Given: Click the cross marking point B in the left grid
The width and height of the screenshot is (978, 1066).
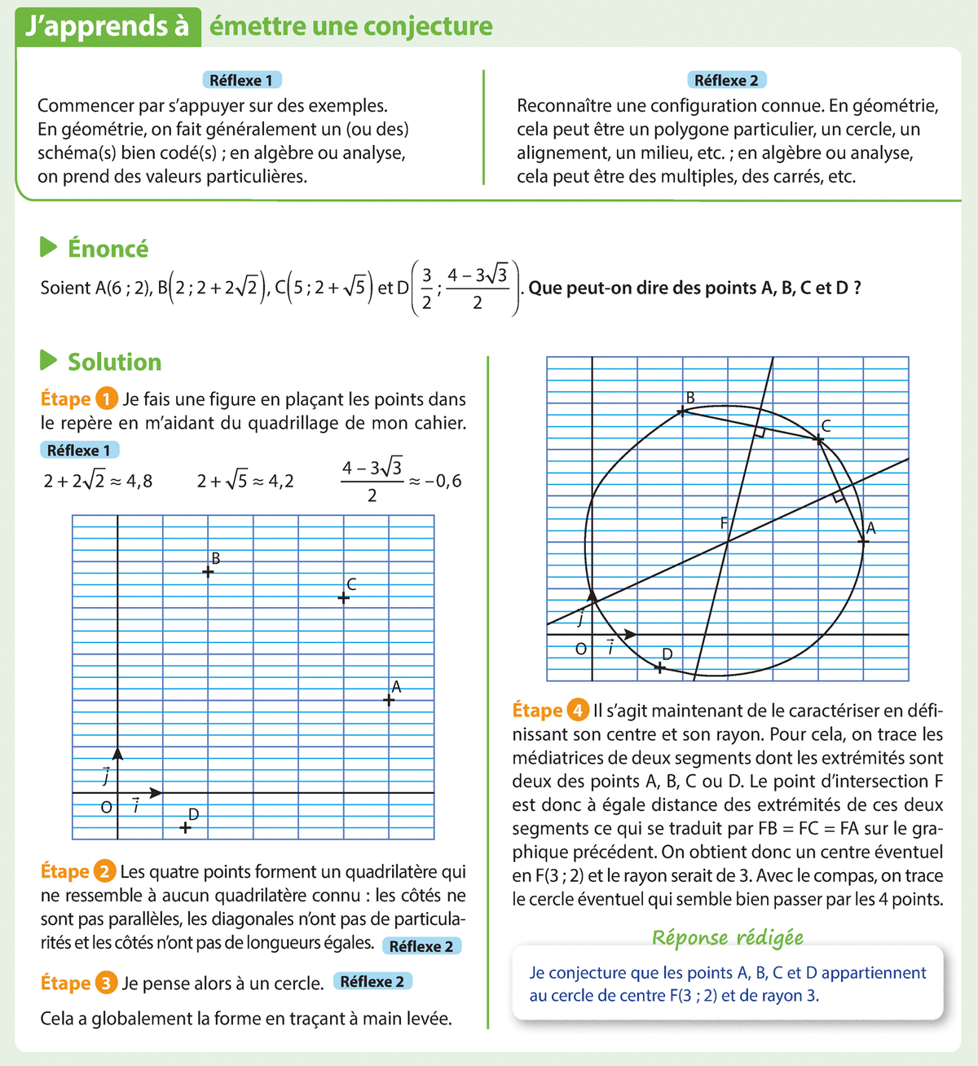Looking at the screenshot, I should [208, 572].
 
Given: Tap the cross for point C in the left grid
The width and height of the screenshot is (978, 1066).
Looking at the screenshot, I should [344, 598].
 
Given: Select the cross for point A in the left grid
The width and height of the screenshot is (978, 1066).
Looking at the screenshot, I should [389, 700].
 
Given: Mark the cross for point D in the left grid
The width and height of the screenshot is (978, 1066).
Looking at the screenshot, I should [186, 828].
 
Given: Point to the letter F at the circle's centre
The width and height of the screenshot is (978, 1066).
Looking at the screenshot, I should [724, 524].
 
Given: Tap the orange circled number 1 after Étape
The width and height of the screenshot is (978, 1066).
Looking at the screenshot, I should [107, 399].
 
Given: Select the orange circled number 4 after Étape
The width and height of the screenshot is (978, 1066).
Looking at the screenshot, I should [579, 711].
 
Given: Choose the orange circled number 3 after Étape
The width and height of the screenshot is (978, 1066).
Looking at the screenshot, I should [106, 983].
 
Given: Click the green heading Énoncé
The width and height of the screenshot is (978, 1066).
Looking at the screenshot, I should [108, 249].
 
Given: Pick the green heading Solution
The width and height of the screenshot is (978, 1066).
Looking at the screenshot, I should [114, 362].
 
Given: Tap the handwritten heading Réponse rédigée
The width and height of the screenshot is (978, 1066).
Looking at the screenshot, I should [727, 938].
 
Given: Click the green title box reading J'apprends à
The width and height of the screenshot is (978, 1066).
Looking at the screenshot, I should [108, 26].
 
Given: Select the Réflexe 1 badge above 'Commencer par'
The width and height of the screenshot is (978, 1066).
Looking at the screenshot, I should [241, 80].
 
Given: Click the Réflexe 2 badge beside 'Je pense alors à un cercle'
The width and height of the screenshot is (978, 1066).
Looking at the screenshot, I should [372, 981].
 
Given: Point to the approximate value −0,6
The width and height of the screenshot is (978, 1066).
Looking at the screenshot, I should [443, 481].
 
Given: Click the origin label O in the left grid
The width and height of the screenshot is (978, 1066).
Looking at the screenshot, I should [106, 808].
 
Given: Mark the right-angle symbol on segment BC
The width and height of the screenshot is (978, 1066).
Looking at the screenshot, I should [759, 433].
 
